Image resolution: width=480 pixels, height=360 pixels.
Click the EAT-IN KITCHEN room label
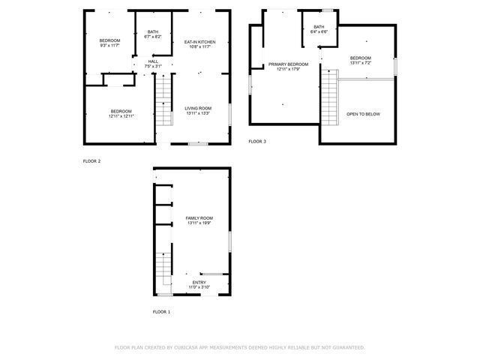(200, 42)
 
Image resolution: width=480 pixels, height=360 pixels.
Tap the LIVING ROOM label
(199, 109)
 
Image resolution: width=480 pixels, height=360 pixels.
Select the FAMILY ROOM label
(199, 217)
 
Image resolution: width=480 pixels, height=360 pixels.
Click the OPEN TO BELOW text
(363, 114)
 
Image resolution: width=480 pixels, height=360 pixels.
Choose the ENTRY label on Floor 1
(199, 282)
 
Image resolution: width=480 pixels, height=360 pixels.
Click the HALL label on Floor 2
(153, 61)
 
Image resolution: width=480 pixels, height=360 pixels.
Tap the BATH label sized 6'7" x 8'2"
(153, 32)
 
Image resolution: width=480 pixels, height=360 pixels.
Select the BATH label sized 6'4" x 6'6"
(319, 27)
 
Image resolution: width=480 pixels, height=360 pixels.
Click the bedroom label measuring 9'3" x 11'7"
(109, 40)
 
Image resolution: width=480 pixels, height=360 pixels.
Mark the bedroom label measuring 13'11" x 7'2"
(360, 58)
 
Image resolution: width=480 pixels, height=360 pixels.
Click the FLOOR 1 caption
(161, 311)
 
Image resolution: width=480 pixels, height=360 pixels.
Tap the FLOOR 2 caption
(91, 160)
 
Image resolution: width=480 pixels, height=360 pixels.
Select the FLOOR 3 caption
(257, 141)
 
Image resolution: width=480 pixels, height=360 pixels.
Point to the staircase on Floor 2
(163, 101)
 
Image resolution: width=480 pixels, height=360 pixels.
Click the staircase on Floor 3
(329, 95)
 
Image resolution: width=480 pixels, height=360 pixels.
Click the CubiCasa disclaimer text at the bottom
(240, 347)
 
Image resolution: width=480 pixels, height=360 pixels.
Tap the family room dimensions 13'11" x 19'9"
(199, 223)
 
